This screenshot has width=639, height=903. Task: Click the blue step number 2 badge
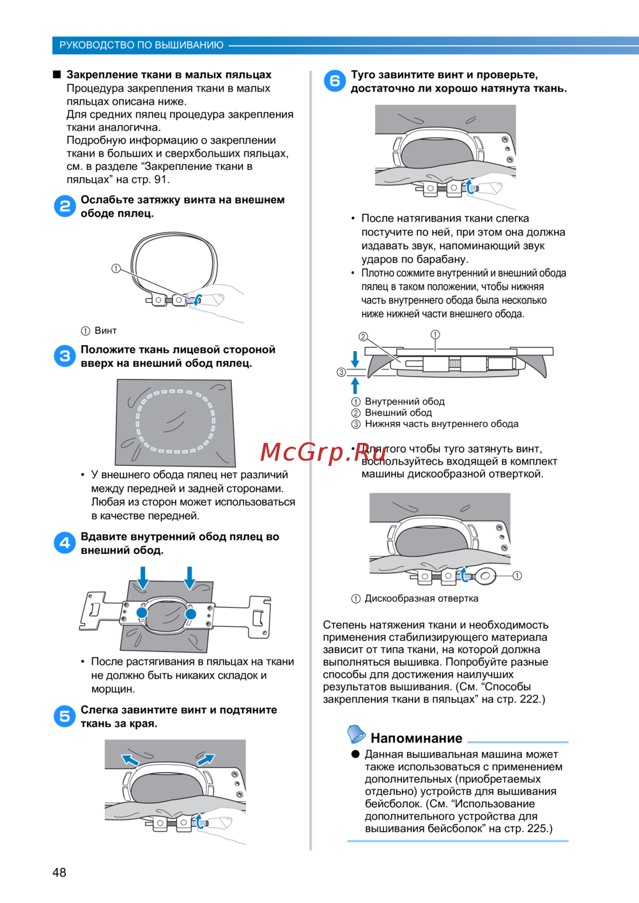65,206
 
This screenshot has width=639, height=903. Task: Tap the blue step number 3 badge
65,356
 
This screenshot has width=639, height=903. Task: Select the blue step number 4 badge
65,543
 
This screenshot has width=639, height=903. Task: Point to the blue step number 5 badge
65,716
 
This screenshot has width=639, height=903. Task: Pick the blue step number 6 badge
335,81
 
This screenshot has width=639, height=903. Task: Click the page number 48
59,872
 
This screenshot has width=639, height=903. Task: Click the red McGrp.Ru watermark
323,452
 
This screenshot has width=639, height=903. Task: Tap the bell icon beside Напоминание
357,734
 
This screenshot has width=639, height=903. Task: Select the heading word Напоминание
417,737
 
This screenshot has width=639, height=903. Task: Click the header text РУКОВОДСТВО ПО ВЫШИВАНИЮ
141,45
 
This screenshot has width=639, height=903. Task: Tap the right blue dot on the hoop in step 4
190,614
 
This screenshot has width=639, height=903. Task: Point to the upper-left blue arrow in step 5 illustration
130,760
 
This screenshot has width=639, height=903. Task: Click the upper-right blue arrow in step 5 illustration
206,759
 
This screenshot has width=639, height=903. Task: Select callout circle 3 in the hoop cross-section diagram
341,372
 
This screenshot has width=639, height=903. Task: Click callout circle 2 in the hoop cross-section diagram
363,337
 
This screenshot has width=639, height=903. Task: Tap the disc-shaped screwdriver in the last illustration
484,576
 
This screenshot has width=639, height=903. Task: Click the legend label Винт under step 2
105,330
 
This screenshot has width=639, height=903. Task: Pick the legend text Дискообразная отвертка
421,599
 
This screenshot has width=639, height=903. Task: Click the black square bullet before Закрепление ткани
57,75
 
